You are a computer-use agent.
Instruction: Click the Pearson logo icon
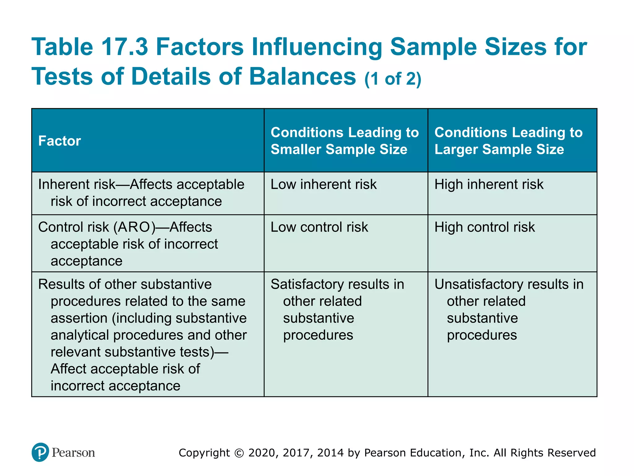click(x=40, y=452)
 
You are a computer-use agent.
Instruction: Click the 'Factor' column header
click(x=59, y=141)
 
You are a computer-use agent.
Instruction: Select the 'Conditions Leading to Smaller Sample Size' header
click(x=345, y=141)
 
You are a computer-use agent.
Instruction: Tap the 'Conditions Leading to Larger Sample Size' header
click(x=508, y=141)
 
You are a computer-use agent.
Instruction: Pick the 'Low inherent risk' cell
click(x=324, y=184)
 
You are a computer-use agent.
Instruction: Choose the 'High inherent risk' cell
click(x=489, y=184)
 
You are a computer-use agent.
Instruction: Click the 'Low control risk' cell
click(x=319, y=227)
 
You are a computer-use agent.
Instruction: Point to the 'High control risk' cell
click(x=484, y=227)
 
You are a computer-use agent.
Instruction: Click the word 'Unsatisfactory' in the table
click(x=479, y=284)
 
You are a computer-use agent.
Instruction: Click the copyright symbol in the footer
click(x=239, y=453)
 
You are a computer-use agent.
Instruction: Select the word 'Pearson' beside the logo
click(x=73, y=453)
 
